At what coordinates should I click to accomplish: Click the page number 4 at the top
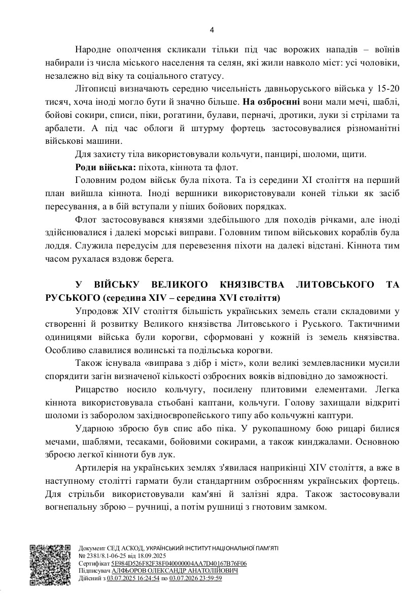(212, 29)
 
